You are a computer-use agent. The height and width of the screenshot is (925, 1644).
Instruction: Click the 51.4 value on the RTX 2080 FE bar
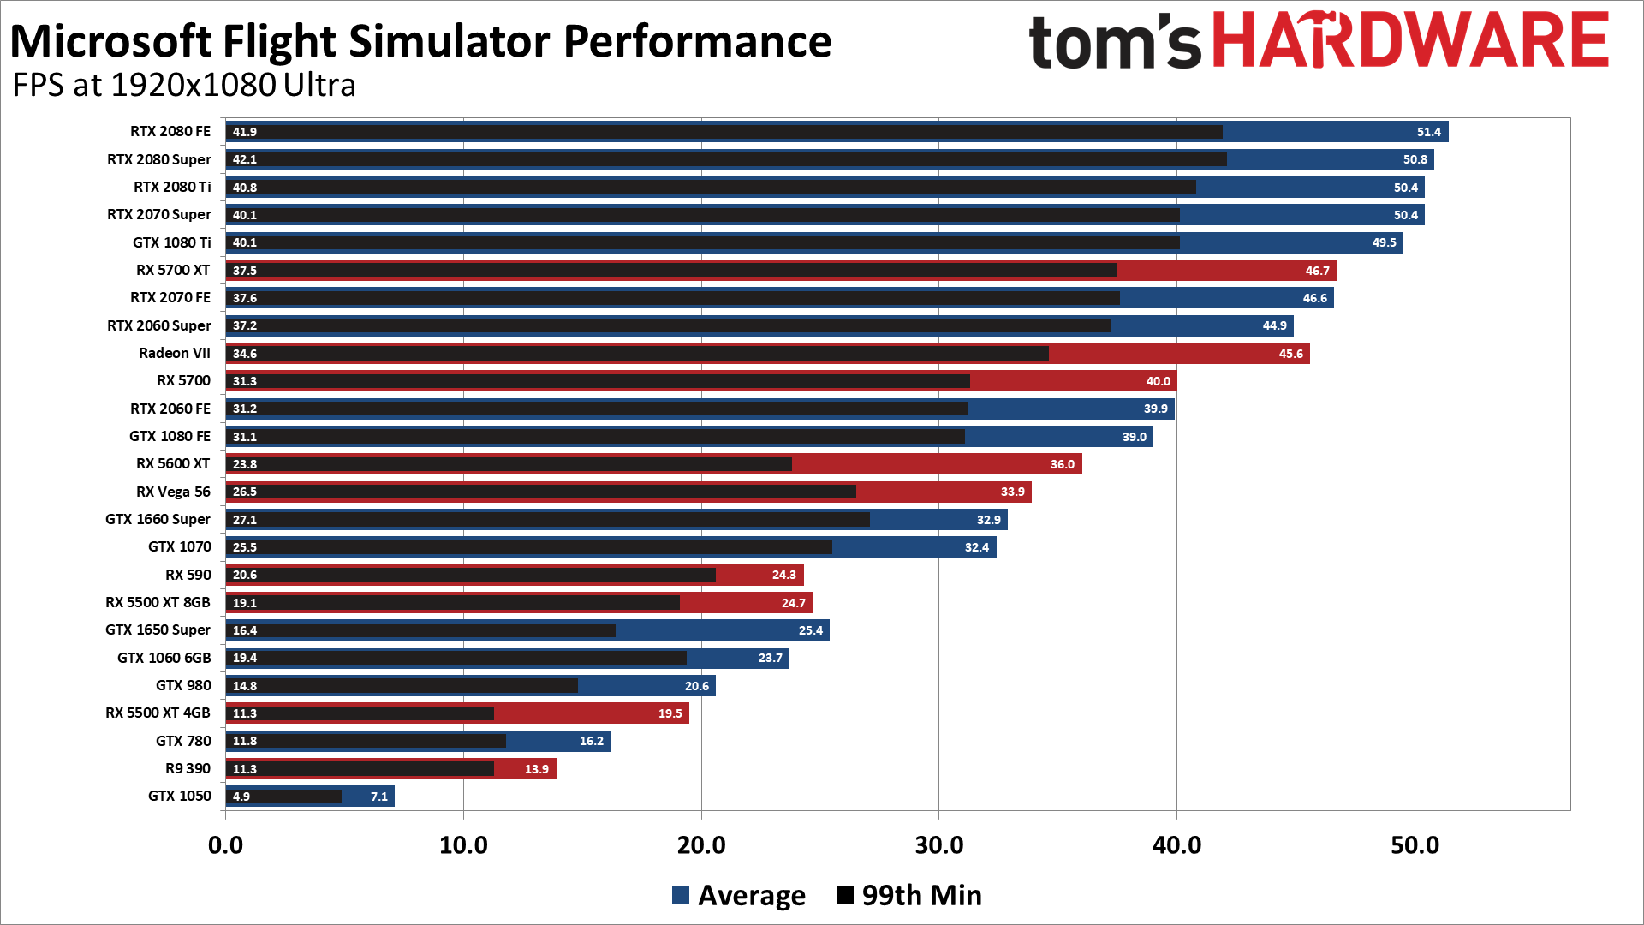(1428, 132)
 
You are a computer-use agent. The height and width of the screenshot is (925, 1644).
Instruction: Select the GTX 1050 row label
(179, 796)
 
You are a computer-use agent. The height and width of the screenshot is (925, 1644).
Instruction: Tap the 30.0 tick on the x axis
(938, 845)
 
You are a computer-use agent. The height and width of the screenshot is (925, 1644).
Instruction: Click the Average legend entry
(739, 895)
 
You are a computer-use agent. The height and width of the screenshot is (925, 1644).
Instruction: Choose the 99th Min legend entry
(909, 895)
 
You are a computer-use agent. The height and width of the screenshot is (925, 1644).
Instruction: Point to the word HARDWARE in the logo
(1411, 40)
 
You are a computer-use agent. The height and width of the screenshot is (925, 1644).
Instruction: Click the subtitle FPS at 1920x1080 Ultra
(184, 85)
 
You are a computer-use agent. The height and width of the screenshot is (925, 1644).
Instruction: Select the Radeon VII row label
(174, 353)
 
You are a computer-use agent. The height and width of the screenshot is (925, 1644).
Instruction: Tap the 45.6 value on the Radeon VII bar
(1290, 354)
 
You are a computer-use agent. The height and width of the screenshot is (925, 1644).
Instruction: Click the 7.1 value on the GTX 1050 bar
(378, 797)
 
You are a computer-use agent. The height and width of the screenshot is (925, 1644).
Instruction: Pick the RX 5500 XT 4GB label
(158, 713)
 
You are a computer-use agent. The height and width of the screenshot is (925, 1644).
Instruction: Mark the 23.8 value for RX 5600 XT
(245, 464)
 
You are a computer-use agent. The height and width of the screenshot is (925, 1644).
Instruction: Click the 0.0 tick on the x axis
(225, 845)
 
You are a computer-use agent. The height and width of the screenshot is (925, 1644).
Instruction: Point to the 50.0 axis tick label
(1415, 845)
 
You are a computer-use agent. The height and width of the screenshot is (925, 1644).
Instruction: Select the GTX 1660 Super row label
(158, 519)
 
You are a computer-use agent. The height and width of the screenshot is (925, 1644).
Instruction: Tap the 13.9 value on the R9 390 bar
(536, 769)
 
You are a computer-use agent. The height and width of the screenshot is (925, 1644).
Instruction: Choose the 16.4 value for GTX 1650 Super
(245, 630)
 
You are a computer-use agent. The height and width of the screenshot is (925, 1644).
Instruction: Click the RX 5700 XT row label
(173, 270)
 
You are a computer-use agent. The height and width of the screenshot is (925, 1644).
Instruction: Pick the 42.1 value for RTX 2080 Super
(245, 159)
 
